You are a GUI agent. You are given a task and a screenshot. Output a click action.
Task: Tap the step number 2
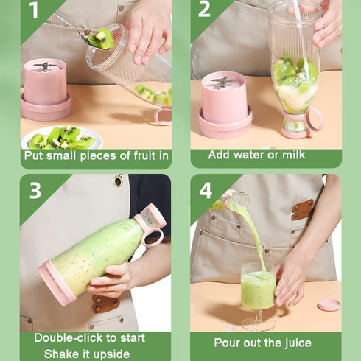coord(205,10)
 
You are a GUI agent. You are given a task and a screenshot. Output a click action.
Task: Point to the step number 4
coord(206,190)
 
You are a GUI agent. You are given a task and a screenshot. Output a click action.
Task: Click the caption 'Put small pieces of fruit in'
coord(96,155)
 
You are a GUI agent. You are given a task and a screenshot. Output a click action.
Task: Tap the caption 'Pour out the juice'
coord(262,342)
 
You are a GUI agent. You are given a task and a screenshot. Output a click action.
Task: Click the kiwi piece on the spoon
coord(99,38)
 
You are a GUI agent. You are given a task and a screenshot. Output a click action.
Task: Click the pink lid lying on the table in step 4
coord(329,304)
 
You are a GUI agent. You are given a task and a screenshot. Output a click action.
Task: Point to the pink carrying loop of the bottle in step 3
coord(153,236)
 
